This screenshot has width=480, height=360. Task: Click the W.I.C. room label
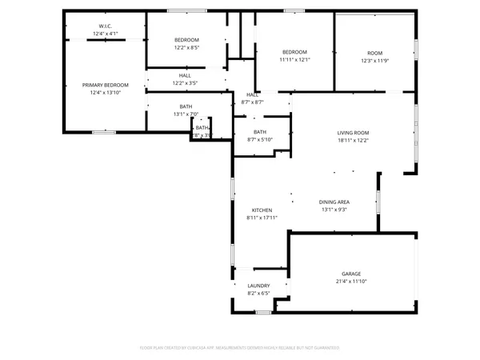pyautogui.click(x=105, y=26)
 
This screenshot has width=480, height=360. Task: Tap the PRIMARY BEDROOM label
pyautogui.click(x=105, y=85)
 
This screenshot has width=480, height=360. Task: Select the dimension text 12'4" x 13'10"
pyautogui.click(x=105, y=93)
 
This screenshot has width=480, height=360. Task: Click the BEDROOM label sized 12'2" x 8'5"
pyautogui.click(x=186, y=40)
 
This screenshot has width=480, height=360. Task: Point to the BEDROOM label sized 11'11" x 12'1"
pyautogui.click(x=294, y=52)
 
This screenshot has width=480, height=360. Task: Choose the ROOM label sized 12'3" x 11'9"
pyautogui.click(x=374, y=53)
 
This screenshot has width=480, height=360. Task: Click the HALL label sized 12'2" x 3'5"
pyautogui.click(x=185, y=76)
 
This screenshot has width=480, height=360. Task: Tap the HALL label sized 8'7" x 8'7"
pyautogui.click(x=253, y=95)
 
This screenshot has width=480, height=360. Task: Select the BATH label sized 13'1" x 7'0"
pyautogui.click(x=186, y=106)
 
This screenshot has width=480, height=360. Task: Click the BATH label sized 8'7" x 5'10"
pyautogui.click(x=260, y=132)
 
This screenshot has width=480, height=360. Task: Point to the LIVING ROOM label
pyautogui.click(x=352, y=133)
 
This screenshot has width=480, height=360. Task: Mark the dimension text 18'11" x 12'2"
pyautogui.click(x=352, y=141)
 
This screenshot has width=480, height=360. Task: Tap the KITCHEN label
pyautogui.click(x=262, y=210)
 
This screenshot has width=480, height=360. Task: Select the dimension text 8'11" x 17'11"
pyautogui.click(x=262, y=218)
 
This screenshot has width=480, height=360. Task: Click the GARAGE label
pyautogui.click(x=352, y=274)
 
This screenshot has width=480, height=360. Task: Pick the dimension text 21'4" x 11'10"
pyautogui.click(x=352, y=282)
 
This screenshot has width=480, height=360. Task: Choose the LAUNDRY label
pyautogui.click(x=258, y=286)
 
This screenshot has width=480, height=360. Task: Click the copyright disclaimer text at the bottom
pyautogui.click(x=240, y=348)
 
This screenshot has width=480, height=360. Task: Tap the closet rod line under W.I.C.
pyautogui.click(x=105, y=40)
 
